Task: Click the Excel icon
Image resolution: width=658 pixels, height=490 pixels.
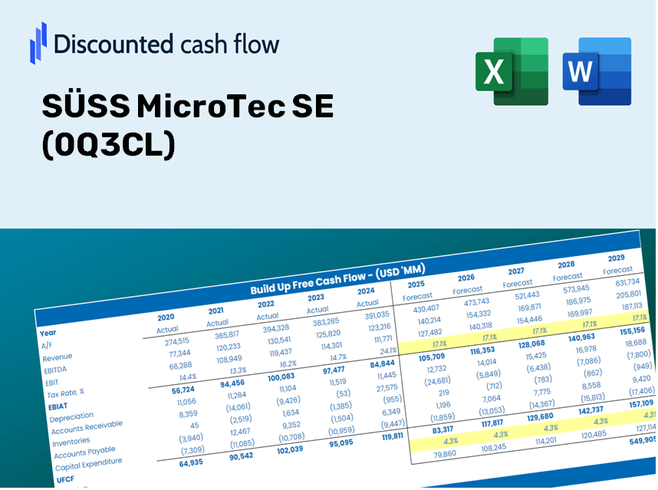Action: click(512, 71)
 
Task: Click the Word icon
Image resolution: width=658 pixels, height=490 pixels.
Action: click(597, 71)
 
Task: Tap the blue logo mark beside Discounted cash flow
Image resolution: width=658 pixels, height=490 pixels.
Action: click(38, 43)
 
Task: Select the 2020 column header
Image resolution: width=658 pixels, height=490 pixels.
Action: click(166, 317)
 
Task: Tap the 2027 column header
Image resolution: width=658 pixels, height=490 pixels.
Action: click(516, 271)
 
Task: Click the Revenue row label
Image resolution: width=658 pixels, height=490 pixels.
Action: click(58, 357)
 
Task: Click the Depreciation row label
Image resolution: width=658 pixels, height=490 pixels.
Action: click(71, 418)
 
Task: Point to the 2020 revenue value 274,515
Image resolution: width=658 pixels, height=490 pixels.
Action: click(172, 342)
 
